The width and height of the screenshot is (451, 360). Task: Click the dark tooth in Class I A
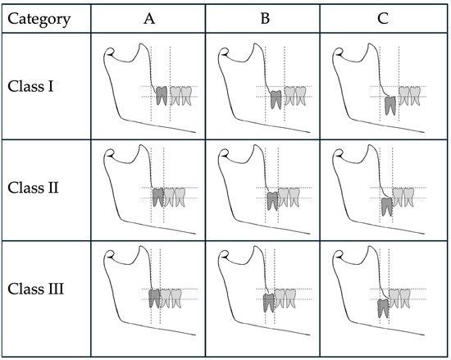point(162,96)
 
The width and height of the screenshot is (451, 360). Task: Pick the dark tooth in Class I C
point(389,105)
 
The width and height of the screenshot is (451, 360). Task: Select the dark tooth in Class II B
point(272,202)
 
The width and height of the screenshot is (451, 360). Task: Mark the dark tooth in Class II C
point(387,206)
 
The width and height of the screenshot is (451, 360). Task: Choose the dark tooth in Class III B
point(269,303)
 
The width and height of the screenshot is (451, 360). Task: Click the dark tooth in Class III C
point(383,308)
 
